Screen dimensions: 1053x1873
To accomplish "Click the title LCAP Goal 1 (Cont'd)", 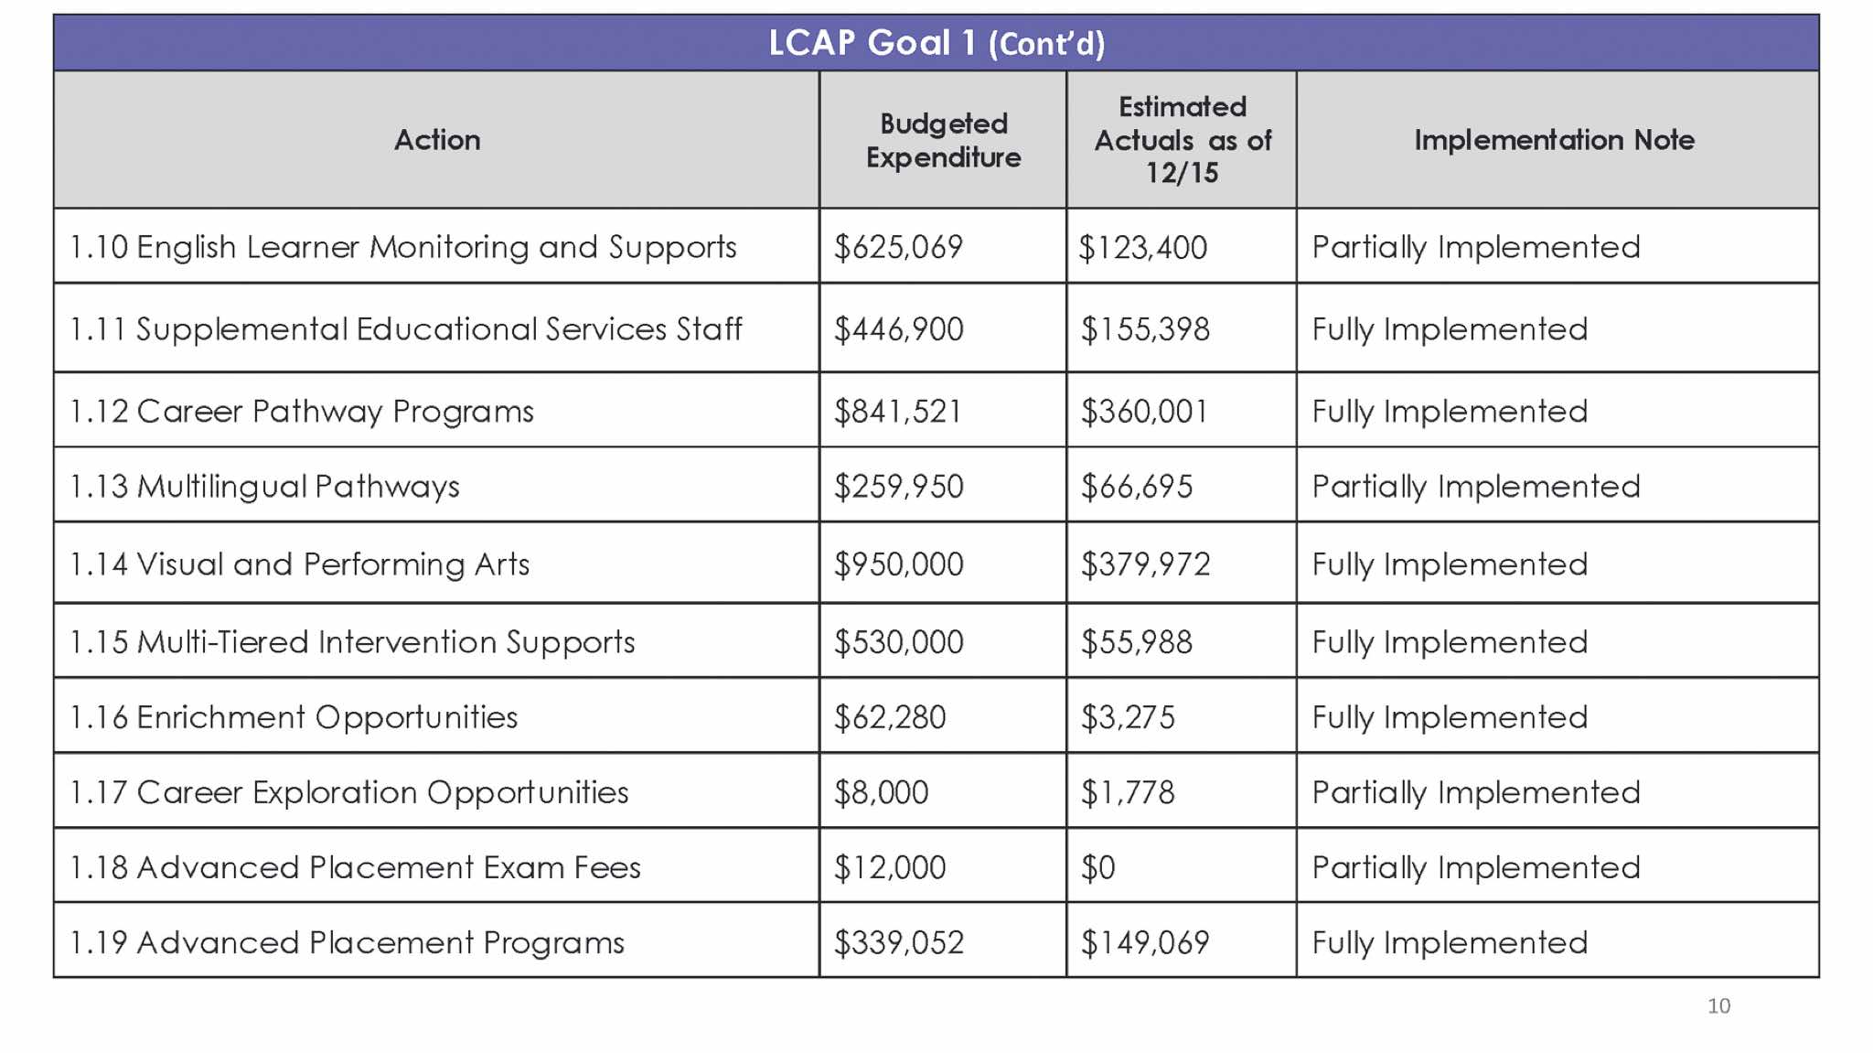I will pos(936,43).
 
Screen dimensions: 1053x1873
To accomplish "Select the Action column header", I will pos(437,140).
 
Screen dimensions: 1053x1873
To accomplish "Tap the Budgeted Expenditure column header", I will pos(943,140).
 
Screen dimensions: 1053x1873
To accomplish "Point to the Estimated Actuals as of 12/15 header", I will pos(1182,140).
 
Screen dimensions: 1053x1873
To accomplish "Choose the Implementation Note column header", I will pos(1554,140).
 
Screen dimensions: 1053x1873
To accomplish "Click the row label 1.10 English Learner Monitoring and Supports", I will pos(403,247).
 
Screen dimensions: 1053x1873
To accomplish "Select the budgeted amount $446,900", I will pos(898,329).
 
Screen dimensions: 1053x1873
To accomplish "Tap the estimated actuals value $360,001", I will pos(1143,412).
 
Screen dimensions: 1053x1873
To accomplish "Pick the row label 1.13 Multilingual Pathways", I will pos(264,487).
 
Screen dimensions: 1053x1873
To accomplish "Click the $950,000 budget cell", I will pos(898,564).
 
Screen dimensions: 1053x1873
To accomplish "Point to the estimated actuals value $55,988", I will pos(1136,642).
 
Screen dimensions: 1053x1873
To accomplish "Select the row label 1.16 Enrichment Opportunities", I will pos(294,717).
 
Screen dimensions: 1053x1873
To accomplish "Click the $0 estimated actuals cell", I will pos(1097,867).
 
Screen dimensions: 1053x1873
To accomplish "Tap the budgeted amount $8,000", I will pos(881,792).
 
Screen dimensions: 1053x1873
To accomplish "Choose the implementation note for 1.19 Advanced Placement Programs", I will pos(1450,942).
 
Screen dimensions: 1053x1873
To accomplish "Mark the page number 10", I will pos(1718,1006).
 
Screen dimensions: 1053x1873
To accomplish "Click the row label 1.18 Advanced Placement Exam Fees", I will pos(355,867).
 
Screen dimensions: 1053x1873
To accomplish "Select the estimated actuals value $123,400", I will pos(1142,247).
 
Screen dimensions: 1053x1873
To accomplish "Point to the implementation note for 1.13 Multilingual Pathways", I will pos(1475,487).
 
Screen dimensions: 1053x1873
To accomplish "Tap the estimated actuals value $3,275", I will pos(1128,717).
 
